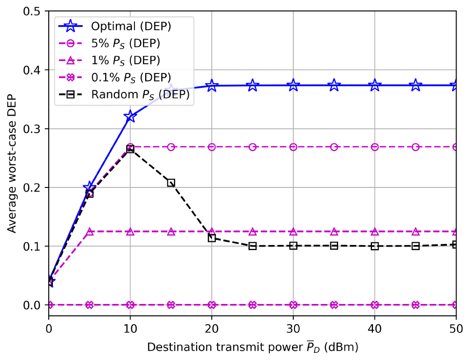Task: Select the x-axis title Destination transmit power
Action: (x=252, y=347)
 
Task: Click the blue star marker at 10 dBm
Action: (x=130, y=117)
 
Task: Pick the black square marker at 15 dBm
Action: (x=171, y=183)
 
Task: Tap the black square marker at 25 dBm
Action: (x=252, y=246)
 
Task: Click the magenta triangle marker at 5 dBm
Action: (x=90, y=232)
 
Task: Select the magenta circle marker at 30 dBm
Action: (x=293, y=147)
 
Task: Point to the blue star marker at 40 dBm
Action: (x=375, y=85)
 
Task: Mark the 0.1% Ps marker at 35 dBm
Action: (x=334, y=305)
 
